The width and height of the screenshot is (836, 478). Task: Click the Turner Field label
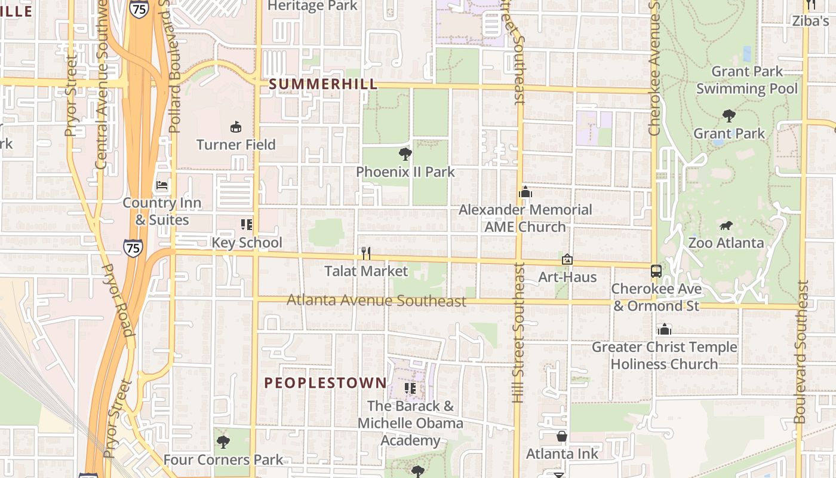coord(236,145)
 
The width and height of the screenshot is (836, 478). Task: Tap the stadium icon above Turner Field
coord(236,127)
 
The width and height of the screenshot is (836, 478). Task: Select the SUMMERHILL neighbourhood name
coord(323,84)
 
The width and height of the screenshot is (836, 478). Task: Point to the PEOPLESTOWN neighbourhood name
coord(325,383)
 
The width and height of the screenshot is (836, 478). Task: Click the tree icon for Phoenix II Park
coord(405,154)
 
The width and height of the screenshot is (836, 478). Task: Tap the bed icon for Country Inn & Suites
coord(162,185)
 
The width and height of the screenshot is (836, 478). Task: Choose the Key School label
coord(247,243)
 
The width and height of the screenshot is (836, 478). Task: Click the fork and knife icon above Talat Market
coord(366,253)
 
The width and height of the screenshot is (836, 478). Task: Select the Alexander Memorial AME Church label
coord(525,218)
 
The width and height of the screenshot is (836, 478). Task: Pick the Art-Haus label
coord(567,277)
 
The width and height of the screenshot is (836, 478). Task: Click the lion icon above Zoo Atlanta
coord(726,225)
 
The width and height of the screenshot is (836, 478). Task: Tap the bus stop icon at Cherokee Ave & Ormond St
coord(656,271)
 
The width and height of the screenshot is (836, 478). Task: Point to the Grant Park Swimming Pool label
coord(747,80)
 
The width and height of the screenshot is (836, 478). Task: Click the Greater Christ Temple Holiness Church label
coord(664,356)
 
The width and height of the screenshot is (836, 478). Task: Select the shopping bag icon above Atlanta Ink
coord(562,436)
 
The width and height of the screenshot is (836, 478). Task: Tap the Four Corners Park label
coord(223,459)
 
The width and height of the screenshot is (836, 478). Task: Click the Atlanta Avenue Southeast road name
coord(376,300)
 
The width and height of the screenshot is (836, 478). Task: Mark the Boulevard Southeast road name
coord(801,353)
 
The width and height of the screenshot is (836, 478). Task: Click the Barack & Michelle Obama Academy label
coord(410,423)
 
